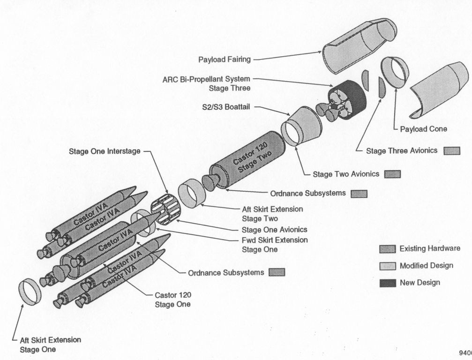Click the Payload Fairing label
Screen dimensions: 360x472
225,60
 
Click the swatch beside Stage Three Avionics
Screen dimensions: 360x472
452,150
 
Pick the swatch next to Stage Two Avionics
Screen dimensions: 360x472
391,174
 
